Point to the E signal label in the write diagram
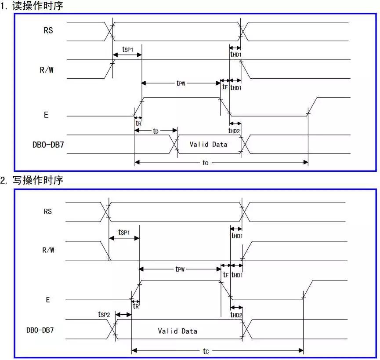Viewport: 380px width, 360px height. (47, 300)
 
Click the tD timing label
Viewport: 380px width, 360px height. (156, 131)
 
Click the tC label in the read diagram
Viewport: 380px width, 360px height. (205, 163)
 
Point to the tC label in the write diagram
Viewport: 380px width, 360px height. (206, 351)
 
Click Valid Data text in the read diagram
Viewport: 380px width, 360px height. (208, 144)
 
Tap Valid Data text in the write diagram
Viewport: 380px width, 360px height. (177, 331)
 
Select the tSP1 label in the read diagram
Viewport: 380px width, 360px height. (127, 50)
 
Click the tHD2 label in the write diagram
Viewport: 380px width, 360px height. (237, 315)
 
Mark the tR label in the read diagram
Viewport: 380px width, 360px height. (138, 124)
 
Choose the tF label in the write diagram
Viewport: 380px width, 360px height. (225, 275)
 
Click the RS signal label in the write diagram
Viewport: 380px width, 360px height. (48, 211)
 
